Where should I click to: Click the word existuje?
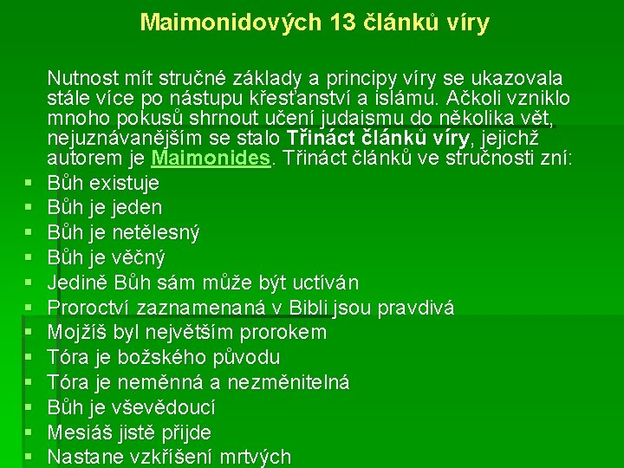127,183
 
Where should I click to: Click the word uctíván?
324,283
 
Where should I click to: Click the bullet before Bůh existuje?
29,184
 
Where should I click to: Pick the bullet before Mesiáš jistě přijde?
29,432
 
